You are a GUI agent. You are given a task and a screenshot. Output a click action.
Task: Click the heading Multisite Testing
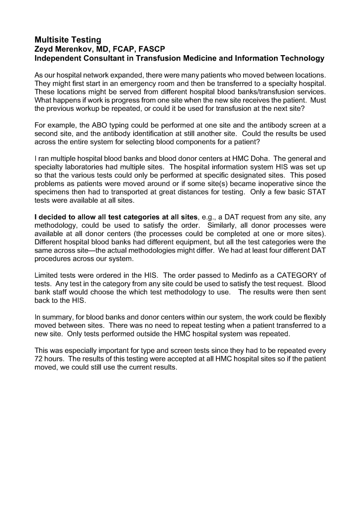click(68, 39)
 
